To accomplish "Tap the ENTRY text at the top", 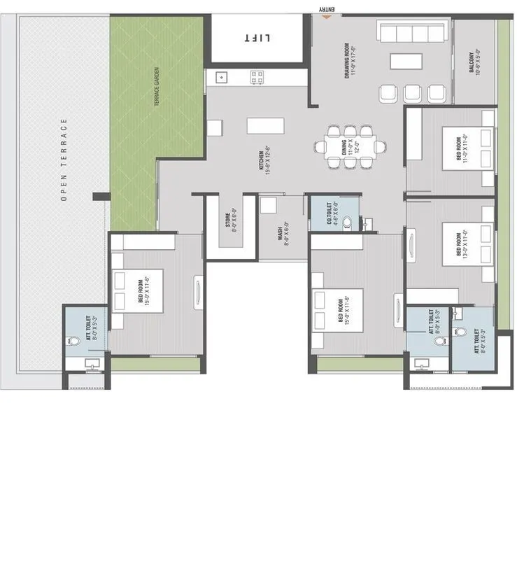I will (x=327, y=9).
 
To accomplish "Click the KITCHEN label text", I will (x=263, y=161).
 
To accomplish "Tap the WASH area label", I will (x=283, y=229).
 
